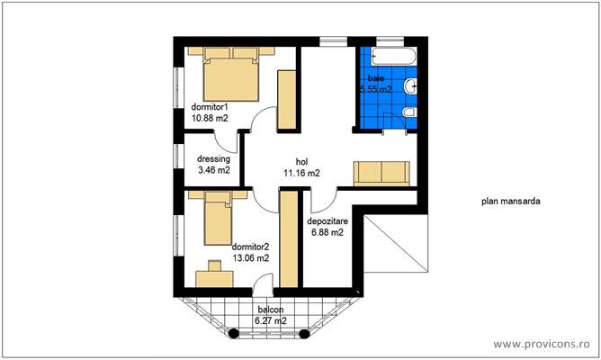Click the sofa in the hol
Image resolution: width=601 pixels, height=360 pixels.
382,172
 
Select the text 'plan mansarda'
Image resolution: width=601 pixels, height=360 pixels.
510,202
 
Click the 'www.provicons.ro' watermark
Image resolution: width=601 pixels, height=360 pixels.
543,344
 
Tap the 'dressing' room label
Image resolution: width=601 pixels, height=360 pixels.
213,157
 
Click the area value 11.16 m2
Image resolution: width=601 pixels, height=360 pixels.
301,173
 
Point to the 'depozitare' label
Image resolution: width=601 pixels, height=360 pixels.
326,220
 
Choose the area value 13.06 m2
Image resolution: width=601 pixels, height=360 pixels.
250,256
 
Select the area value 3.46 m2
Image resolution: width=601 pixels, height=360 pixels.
213,169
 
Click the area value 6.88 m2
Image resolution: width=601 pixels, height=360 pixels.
326,232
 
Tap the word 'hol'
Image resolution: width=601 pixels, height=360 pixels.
301,162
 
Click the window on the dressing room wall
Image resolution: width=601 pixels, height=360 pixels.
176,159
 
